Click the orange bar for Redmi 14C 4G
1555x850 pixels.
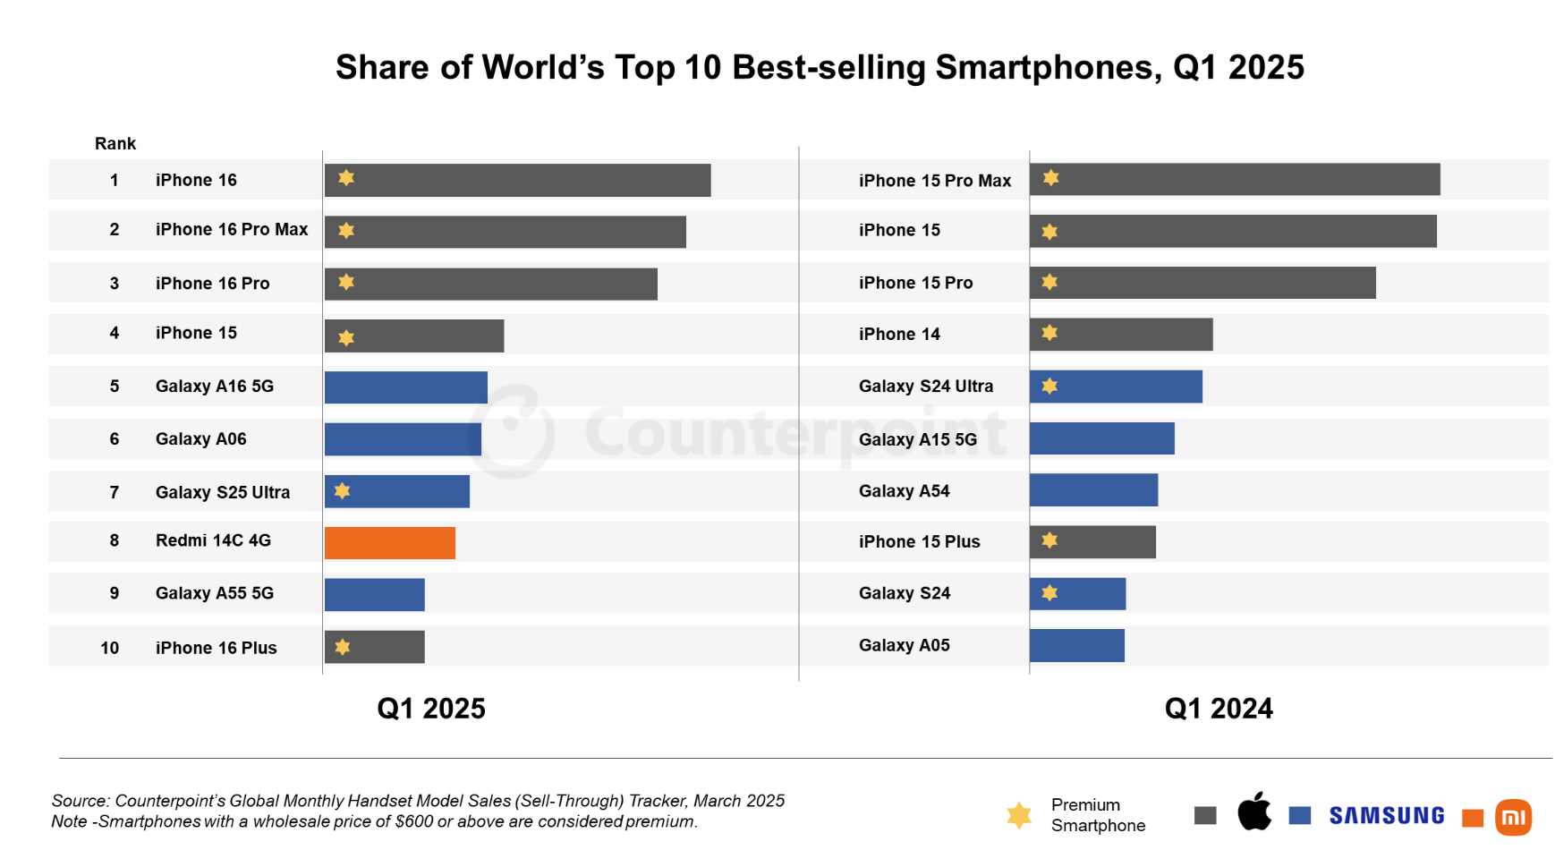tap(389, 543)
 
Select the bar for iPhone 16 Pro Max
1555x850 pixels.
tap(505, 232)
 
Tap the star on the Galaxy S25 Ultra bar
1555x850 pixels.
tap(342, 491)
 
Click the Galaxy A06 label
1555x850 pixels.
tap(200, 439)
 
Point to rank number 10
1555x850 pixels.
tap(109, 648)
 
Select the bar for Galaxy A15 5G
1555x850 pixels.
tap(1101, 438)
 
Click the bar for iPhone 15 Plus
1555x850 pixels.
tap(1092, 542)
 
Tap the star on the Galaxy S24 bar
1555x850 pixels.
tap(1049, 593)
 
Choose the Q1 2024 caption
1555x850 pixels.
tap(1218, 709)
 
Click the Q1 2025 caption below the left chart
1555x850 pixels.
tap(430, 709)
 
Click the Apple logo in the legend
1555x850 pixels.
tap(1254, 812)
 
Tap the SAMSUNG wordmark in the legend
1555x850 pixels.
tap(1386, 816)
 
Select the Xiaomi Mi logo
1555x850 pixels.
tap(1513, 817)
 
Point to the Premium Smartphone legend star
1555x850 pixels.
tap(1018, 815)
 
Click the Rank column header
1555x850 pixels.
tap(115, 144)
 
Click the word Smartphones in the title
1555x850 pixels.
tap(1048, 68)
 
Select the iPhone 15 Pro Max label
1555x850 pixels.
tap(934, 181)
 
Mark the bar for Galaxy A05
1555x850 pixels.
tap(1076, 646)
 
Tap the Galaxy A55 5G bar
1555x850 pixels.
tap(374, 595)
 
